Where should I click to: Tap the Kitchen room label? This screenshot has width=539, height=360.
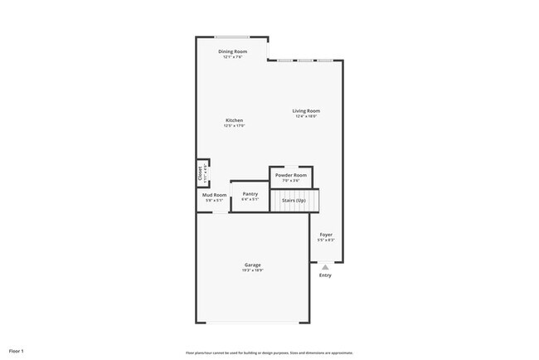point(234,120)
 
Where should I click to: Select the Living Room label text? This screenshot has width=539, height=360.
point(306,110)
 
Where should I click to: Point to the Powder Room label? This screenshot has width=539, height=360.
point(291,175)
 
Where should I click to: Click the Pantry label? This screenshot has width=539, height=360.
point(250,193)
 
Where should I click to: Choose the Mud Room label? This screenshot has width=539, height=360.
point(215,195)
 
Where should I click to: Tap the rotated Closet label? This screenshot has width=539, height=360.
point(201,174)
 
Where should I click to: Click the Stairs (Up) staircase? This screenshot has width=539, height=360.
point(294,201)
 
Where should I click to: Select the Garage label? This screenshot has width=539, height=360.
point(252,265)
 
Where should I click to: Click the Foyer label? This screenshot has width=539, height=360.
point(326,235)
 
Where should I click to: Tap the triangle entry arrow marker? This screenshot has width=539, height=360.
point(325,266)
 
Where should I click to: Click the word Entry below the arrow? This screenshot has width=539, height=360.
point(325,275)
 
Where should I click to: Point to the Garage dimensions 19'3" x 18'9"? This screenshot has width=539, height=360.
point(252,270)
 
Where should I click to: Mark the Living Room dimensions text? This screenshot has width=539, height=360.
point(306,116)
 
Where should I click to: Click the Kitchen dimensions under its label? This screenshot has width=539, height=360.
point(234,125)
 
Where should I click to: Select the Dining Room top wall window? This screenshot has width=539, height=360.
point(232,36)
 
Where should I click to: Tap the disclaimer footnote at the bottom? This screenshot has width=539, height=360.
point(269,352)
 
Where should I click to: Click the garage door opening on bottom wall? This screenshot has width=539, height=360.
point(252,323)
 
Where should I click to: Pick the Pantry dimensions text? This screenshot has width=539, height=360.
point(250,199)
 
